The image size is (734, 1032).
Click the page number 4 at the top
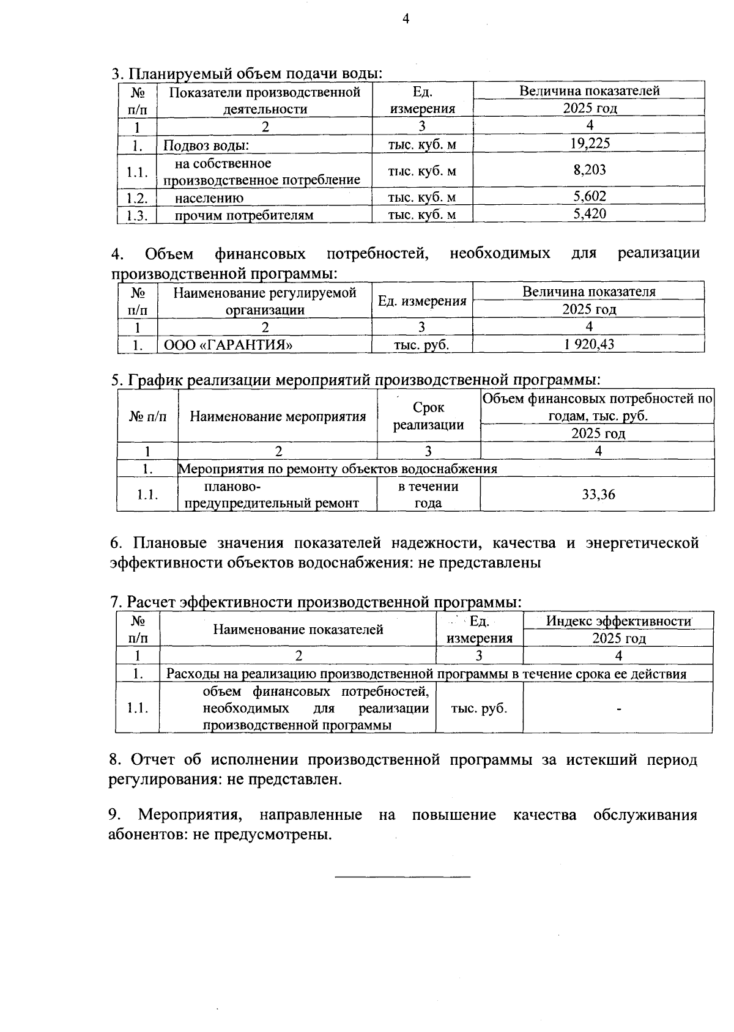click(x=405, y=20)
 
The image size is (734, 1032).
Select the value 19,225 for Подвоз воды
click(x=590, y=144)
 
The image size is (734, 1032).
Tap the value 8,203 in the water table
click(x=590, y=170)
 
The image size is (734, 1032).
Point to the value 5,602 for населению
click(x=590, y=196)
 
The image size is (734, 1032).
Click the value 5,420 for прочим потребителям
click(x=590, y=213)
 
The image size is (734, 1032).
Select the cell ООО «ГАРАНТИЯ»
click(x=228, y=345)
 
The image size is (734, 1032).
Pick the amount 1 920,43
click(x=588, y=344)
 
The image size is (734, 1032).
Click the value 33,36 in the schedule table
click(x=598, y=494)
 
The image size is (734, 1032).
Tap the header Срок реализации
click(x=428, y=416)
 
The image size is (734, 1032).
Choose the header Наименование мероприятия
click(x=278, y=417)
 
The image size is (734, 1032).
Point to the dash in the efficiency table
click(x=619, y=709)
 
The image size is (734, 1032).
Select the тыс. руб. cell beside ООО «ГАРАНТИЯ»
click(x=421, y=345)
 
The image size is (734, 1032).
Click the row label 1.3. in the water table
click(x=138, y=215)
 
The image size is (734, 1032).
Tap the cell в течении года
click(x=428, y=495)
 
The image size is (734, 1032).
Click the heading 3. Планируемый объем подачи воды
click(x=247, y=74)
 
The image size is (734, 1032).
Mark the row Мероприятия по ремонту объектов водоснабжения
click(x=338, y=469)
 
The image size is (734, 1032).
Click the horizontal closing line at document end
click(x=402, y=877)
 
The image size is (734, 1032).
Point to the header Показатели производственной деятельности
click(x=265, y=100)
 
